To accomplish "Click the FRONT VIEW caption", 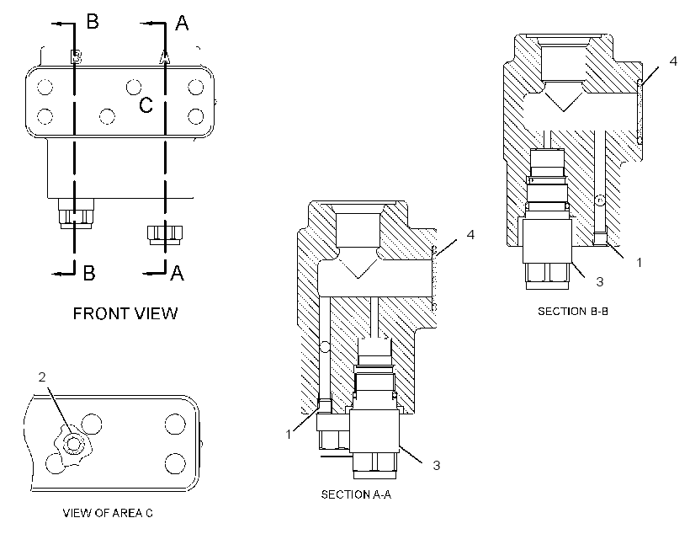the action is [125, 313].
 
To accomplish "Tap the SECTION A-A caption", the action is [356, 494].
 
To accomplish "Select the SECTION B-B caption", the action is [573, 311].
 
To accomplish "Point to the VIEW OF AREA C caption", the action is [108, 513].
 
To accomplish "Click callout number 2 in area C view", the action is [42, 377].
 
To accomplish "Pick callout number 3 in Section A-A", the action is [437, 465].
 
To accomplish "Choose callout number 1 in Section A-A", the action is [289, 435].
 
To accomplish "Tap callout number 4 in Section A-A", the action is [470, 234].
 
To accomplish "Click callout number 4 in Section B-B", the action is [673, 61].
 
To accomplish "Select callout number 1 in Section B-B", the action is [639, 263].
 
